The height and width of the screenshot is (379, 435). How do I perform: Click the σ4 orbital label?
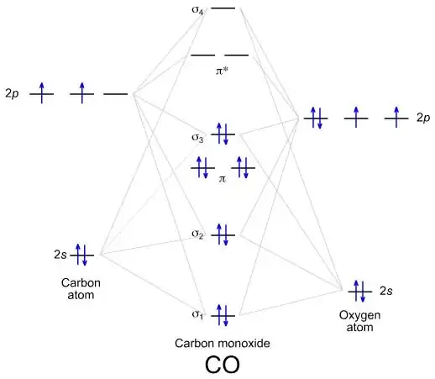[197, 11]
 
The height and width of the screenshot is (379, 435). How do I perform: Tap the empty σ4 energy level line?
[223, 8]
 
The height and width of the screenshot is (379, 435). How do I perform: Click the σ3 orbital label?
[197, 137]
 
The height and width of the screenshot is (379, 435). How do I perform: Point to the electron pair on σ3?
[223, 134]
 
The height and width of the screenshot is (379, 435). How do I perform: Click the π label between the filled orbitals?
[223, 179]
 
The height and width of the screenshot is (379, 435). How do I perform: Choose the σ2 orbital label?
[197, 235]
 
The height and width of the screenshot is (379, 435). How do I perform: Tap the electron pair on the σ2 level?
[223, 234]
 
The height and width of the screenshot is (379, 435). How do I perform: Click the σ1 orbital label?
[197, 315]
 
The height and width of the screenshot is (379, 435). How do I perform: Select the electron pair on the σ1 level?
[223, 315]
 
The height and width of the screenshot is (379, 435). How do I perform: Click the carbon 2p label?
[12, 94]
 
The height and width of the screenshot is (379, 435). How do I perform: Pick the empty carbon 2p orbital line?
[116, 94]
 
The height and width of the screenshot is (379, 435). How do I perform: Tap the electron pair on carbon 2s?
[82, 254]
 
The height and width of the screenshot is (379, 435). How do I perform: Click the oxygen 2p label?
[423, 118]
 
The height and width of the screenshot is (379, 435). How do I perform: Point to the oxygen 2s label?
[386, 291]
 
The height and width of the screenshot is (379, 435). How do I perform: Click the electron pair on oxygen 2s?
[359, 291]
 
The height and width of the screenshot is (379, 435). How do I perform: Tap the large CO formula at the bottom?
[223, 366]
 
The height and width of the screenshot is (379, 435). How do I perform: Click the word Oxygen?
[360, 314]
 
